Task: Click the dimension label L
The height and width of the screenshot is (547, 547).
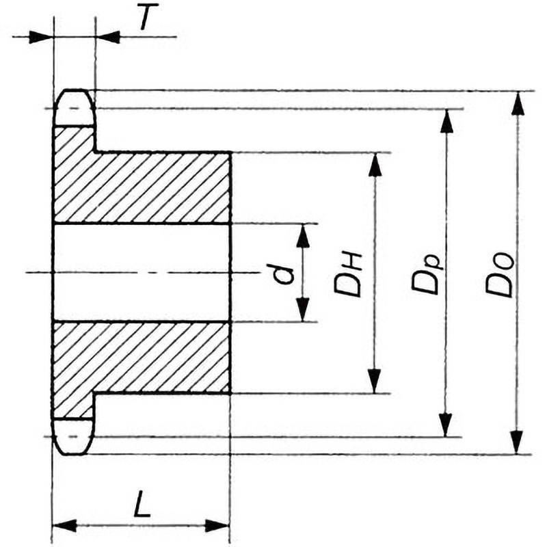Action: pos(142,503)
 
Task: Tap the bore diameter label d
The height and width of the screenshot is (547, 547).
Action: pos(283,275)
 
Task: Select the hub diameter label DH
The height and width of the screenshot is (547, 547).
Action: pos(347,275)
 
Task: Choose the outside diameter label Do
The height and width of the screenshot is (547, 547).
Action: pos(500,276)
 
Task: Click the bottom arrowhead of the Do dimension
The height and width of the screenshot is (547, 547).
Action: pos(517,442)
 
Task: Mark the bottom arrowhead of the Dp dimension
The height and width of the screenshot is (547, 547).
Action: pos(445,425)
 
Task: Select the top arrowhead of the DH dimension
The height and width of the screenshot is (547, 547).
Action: pos(375,164)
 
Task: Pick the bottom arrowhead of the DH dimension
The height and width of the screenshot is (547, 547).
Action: pos(374,382)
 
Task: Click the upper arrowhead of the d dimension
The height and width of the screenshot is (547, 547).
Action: pos(303,236)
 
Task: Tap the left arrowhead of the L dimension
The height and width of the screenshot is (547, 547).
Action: pos(64,525)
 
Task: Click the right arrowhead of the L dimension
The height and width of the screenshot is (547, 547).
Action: pos(217,526)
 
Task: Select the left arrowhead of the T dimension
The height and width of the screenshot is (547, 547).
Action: pos(41,37)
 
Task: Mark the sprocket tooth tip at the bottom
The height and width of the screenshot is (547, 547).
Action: pos(74,454)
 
